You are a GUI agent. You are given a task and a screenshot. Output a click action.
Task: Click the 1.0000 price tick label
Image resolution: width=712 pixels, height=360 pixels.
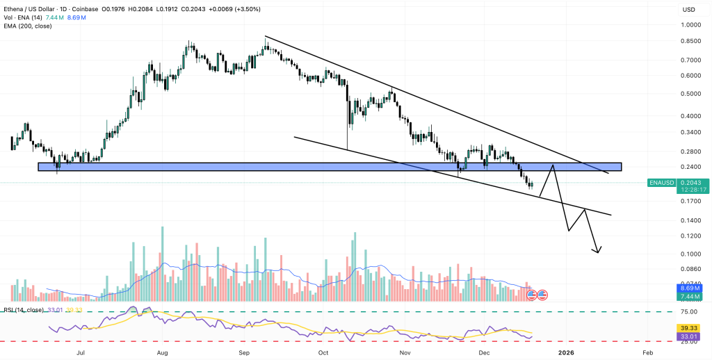point(690,24)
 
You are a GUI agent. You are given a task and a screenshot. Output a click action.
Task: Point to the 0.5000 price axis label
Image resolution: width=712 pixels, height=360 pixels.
point(690,93)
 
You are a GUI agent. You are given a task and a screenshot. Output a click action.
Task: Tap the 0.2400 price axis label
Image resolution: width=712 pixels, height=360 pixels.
point(690,167)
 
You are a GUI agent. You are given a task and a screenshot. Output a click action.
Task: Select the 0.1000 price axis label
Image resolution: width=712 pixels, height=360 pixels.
point(690,254)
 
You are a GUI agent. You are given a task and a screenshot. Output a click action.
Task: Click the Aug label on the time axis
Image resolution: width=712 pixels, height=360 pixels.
point(162,353)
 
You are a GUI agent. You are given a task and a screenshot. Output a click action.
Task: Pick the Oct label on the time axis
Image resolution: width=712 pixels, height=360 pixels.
point(323,353)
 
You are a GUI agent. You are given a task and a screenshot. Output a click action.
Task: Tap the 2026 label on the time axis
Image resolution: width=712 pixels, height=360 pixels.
point(566,353)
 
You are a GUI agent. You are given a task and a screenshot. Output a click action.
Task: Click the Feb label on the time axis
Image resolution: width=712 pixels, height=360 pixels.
point(647,353)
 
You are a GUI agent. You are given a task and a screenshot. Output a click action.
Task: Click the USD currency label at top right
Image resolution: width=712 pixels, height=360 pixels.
point(689,10)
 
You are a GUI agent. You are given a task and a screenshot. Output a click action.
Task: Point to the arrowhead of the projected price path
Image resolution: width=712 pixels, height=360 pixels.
point(598,251)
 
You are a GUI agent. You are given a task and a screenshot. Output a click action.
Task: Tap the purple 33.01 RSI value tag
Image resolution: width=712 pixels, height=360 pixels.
point(688,336)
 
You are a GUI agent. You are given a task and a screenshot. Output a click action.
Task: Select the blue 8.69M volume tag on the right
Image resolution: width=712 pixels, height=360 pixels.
point(688,288)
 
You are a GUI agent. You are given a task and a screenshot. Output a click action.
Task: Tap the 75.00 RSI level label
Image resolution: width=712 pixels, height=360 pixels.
point(688,312)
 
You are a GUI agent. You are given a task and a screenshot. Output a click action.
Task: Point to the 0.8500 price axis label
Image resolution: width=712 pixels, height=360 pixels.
point(690,41)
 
